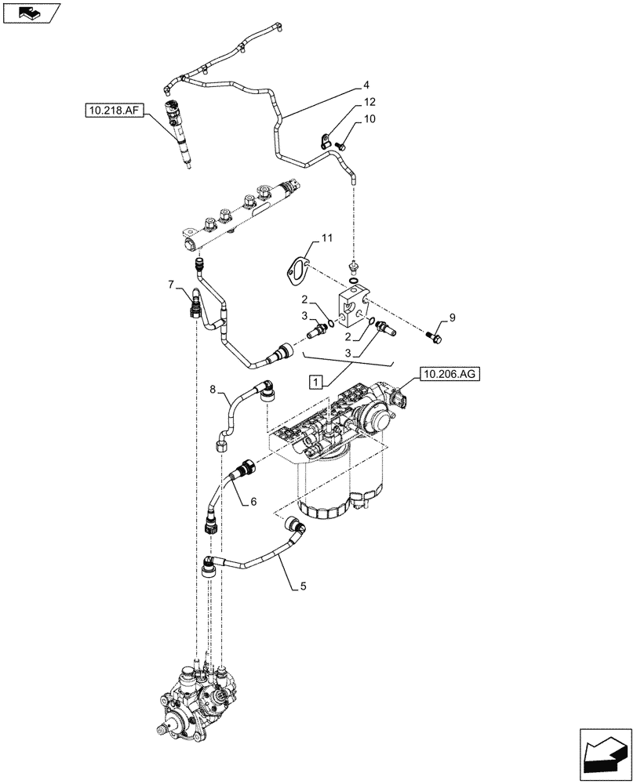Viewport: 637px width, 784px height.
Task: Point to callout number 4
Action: pyautogui.click(x=366, y=85)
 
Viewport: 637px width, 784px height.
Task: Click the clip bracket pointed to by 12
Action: pyautogui.click(x=324, y=142)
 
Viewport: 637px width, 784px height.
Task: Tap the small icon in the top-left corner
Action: pyautogui.click(x=31, y=13)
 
